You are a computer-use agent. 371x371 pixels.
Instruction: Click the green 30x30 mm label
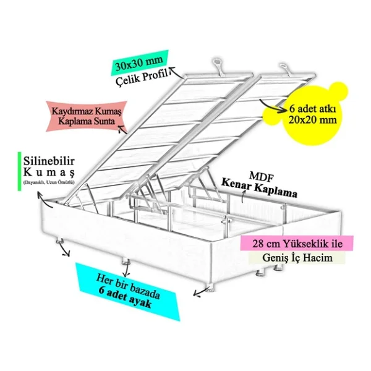click(140, 63)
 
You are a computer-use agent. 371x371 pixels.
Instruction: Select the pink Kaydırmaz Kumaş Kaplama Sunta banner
click(87, 116)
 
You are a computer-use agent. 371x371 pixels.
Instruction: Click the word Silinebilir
click(49, 161)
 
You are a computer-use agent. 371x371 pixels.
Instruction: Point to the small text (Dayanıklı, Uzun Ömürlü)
click(49, 182)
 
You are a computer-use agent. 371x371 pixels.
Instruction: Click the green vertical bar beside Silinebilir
click(19, 171)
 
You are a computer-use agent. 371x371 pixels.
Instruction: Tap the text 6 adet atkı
click(312, 109)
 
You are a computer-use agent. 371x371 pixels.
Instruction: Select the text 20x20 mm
click(312, 120)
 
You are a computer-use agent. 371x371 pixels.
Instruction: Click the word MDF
click(262, 177)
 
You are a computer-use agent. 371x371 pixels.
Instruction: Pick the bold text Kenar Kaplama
click(259, 189)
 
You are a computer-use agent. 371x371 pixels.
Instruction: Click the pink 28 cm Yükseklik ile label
click(297, 243)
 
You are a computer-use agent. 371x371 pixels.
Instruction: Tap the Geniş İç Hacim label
click(297, 257)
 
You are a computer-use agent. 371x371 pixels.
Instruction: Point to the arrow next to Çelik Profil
click(177, 72)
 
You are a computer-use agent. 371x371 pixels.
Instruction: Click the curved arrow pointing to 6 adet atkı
click(272, 106)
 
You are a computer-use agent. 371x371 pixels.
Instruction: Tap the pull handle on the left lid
click(218, 67)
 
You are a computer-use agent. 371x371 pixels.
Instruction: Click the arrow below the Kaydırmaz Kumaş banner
click(122, 129)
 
